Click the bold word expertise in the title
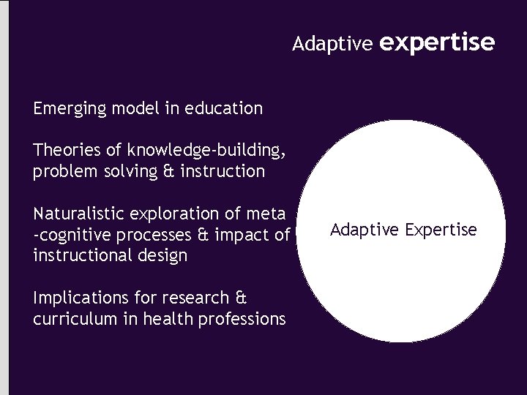(x=438, y=43)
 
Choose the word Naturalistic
(x=78, y=214)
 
